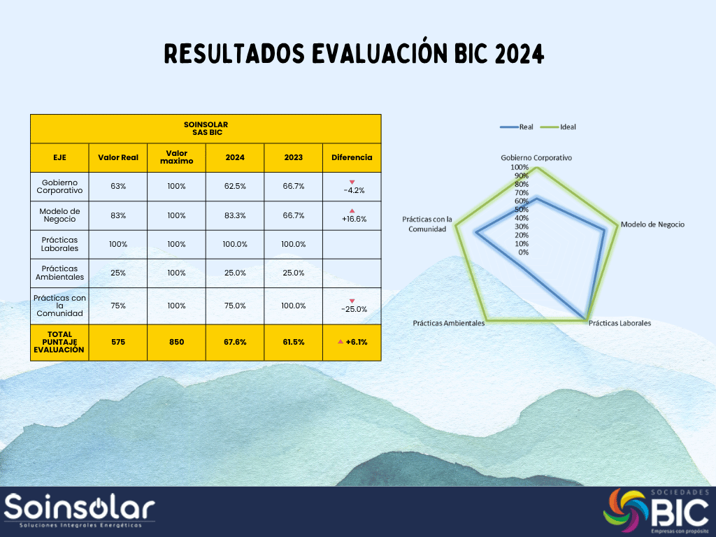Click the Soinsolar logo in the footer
(80, 510)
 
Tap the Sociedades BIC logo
(656, 511)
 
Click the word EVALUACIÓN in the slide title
(380, 53)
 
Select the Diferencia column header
(352, 157)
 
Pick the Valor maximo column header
(176, 157)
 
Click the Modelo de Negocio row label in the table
(60, 215)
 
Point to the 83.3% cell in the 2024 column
(235, 215)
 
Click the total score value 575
(117, 342)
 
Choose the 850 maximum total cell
(176, 342)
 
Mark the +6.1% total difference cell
(352, 342)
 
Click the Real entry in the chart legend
(517, 127)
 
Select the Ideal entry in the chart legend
(558, 127)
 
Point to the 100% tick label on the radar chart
(520, 167)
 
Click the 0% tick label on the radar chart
(523, 252)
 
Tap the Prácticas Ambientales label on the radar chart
(448, 323)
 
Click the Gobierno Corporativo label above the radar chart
(536, 157)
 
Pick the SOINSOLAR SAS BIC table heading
(206, 129)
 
